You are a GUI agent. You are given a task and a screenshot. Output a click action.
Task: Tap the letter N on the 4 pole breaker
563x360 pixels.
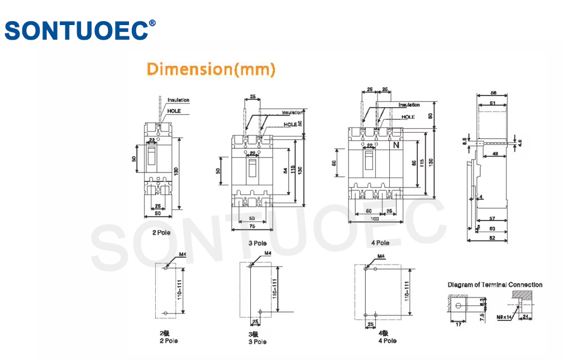coord(397,145)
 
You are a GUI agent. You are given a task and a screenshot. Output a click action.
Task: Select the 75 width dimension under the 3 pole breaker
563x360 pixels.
coord(252,227)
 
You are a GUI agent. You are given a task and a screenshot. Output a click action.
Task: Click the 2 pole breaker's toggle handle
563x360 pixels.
coord(151,157)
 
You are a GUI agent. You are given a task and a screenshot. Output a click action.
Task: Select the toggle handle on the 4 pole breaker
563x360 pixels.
coord(369,160)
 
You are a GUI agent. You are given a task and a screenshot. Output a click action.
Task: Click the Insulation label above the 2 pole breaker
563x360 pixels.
coord(179,100)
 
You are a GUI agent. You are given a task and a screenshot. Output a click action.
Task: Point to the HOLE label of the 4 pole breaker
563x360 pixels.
coord(409,117)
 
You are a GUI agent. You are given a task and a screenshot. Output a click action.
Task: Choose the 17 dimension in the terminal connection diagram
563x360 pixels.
coord(458,324)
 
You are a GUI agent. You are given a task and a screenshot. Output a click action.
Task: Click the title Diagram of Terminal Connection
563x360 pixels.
coord(495,285)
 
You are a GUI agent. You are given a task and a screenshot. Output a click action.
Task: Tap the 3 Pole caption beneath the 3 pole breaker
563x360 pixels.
coord(257,243)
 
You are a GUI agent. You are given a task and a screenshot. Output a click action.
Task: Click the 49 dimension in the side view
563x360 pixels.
coord(495,153)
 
